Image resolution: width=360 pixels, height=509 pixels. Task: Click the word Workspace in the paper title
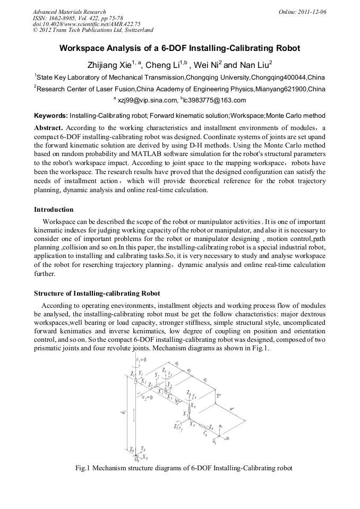(x=83, y=48)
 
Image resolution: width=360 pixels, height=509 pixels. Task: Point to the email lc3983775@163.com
(x=215, y=100)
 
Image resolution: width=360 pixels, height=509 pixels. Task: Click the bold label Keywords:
(x=51, y=115)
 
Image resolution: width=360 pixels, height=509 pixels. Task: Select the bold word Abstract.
(x=48, y=128)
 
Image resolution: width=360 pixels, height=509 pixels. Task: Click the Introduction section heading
(x=54, y=210)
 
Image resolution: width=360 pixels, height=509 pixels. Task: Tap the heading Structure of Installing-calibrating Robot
(x=97, y=294)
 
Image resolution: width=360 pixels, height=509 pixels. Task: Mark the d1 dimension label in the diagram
(x=123, y=412)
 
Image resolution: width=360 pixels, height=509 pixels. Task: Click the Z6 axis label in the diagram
(x=210, y=427)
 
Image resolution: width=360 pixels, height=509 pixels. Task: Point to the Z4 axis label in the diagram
(x=189, y=393)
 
